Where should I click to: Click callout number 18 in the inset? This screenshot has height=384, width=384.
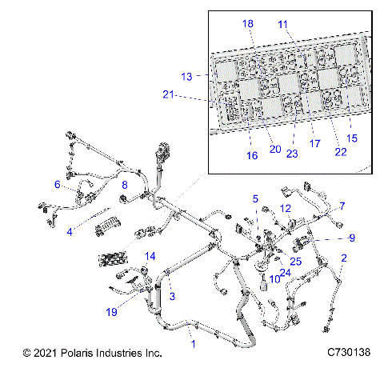[x=248, y=25]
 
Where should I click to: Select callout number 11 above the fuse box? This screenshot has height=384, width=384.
[x=282, y=25]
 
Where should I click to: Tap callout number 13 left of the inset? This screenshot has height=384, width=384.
[x=187, y=77]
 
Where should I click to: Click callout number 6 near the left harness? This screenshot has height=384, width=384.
[x=58, y=185]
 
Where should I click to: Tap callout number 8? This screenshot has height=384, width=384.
[x=124, y=186]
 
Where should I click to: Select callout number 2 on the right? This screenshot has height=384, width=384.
[x=344, y=258]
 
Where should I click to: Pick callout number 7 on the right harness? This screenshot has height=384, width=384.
[x=342, y=206]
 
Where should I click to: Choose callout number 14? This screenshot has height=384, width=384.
[x=148, y=257]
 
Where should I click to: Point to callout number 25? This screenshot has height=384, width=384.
[x=296, y=262]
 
